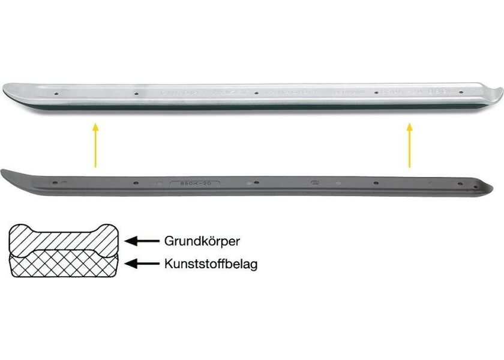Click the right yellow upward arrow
[410, 145]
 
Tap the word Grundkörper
[202, 241]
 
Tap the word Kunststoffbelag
[211, 263]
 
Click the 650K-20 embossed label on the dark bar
[196, 184]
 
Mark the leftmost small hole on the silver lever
[55, 94]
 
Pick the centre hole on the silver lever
[256, 94]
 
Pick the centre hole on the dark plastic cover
[256, 183]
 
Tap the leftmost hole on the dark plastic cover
[55, 181]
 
